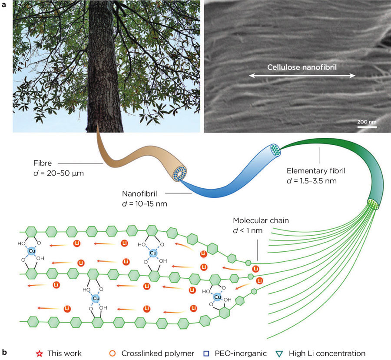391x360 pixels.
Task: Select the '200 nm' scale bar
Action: pos(367,127)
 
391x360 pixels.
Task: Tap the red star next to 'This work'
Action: pos(40,353)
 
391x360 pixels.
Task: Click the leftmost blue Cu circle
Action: pos(31,251)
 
